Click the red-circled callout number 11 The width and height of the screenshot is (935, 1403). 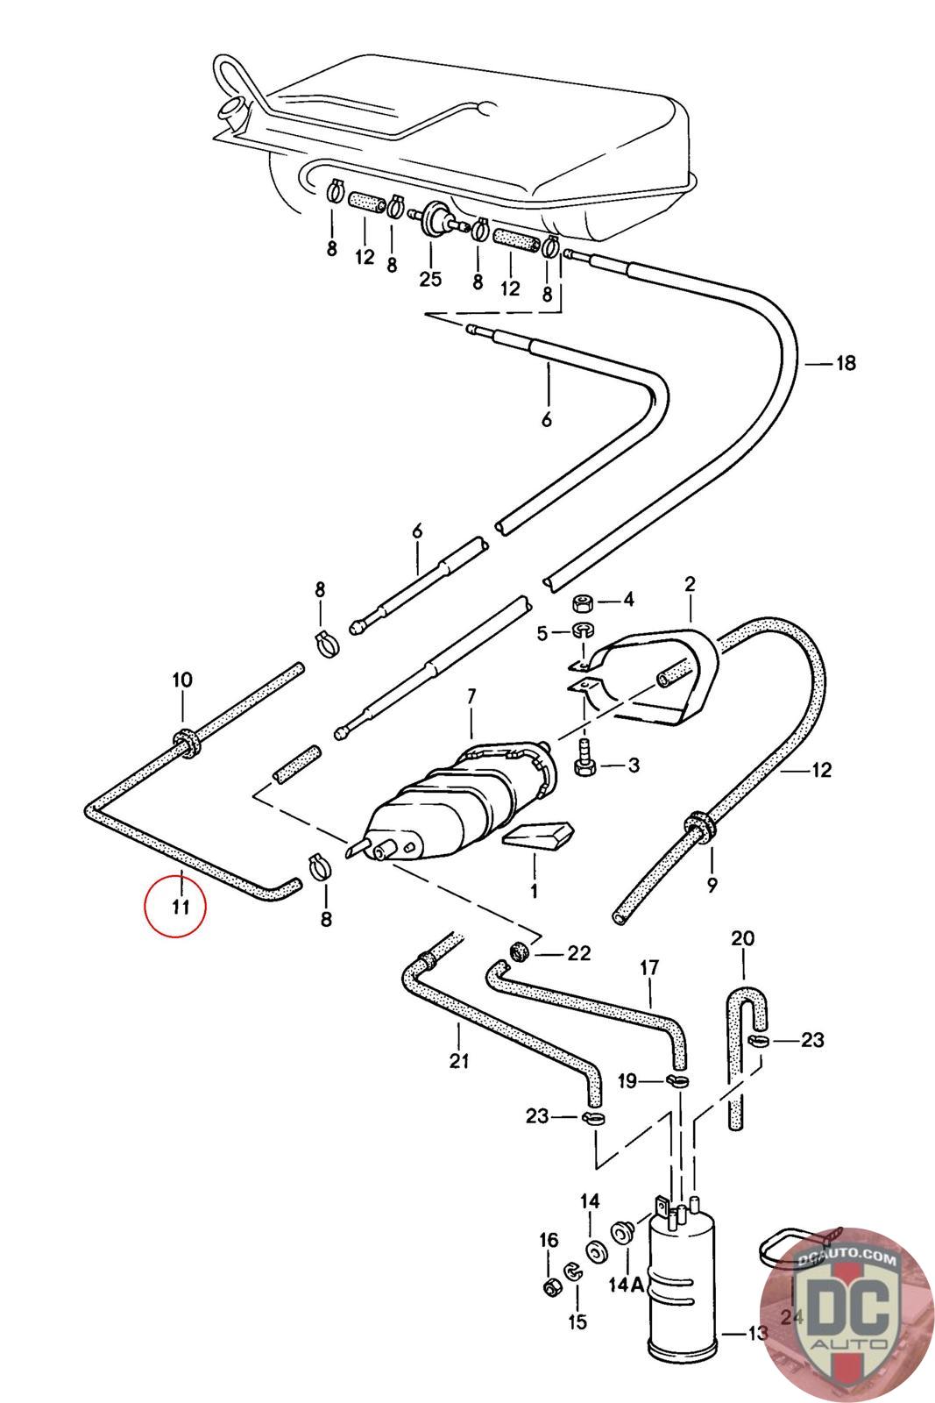[x=180, y=907]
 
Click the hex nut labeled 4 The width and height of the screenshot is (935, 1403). [x=581, y=604]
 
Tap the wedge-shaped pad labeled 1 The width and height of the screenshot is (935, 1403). [x=538, y=837]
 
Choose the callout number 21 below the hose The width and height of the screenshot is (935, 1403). [x=459, y=1061]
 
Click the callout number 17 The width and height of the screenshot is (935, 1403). [x=649, y=969]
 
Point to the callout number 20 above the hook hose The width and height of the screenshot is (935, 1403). [x=742, y=939]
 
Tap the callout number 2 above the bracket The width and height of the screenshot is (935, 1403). [x=690, y=584]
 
